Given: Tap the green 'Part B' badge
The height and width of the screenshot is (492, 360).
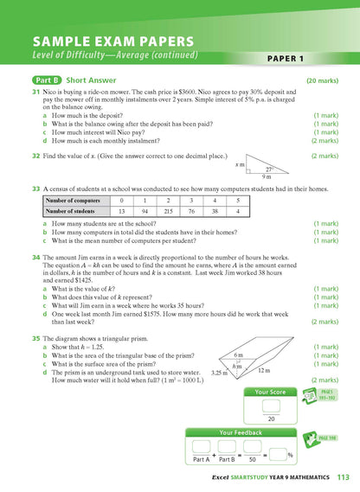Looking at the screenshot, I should pos(37,80).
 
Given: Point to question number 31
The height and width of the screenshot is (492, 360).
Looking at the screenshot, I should pos(35,91).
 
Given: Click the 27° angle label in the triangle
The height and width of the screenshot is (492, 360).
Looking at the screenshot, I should pos(269,169).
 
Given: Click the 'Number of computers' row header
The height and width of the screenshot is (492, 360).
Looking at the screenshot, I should pos(75,200).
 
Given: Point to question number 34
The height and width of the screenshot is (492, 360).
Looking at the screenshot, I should pos(35,258).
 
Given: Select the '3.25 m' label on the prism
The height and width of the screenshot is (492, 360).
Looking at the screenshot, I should pos(221,373).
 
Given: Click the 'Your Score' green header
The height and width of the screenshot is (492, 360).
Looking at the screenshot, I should pos(272,392).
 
